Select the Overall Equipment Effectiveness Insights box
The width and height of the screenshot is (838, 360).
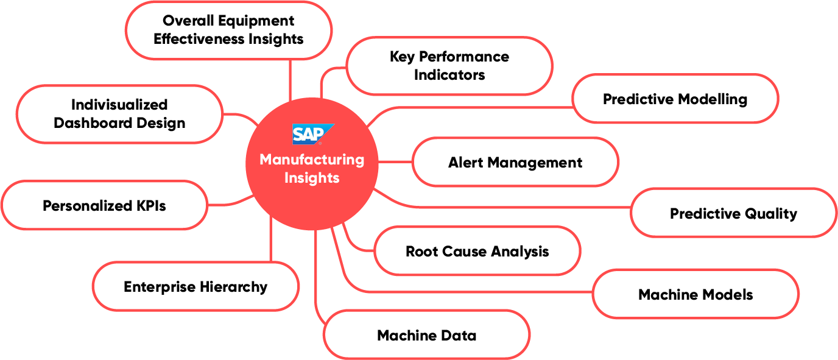tap(228, 30)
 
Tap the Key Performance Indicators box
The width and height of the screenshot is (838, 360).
tap(449, 66)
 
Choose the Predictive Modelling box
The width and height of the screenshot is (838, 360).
tap(675, 99)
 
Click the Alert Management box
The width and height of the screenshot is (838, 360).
tap(515, 162)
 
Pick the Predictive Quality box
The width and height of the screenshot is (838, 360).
tap(733, 213)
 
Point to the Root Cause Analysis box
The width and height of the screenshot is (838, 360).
tap(477, 251)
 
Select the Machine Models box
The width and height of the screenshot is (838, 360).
tap(695, 295)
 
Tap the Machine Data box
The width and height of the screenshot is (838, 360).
tap(426, 335)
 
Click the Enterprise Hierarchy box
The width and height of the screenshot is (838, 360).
tap(195, 286)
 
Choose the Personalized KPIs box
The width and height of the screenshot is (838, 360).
tap(104, 205)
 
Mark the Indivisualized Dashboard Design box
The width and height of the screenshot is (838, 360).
tap(119, 114)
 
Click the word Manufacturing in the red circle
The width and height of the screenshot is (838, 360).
tap(312, 160)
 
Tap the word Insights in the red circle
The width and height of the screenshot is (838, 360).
tap(312, 178)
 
